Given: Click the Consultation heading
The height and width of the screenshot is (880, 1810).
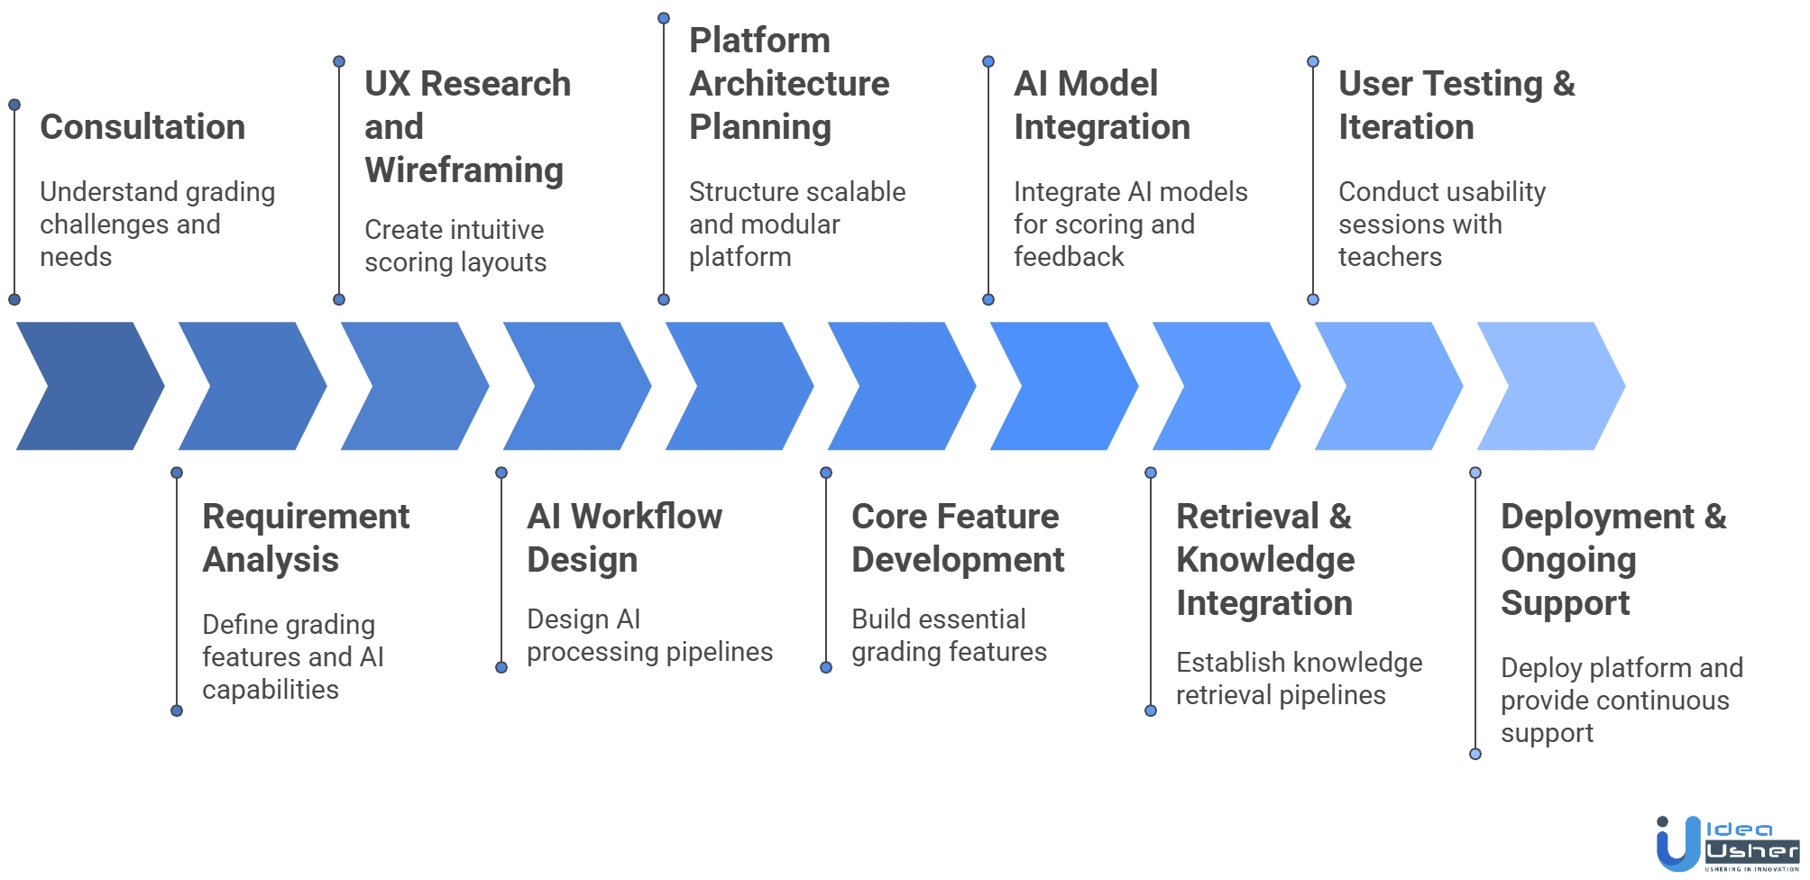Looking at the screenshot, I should click(140, 128).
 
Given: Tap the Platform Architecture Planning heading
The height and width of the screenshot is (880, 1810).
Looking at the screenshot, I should click(788, 85).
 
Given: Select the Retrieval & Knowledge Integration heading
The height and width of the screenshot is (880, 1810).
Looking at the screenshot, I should click(1265, 560).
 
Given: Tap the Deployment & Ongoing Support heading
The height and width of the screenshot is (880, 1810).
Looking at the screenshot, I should click(1614, 560).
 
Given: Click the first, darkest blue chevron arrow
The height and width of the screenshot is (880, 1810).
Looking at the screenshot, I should click(88, 386).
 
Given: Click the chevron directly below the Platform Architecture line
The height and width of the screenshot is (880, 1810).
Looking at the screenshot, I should click(738, 386).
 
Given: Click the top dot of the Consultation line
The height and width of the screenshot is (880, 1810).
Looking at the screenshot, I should click(14, 105).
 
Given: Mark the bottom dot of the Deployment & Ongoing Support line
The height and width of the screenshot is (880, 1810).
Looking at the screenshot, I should click(1475, 753).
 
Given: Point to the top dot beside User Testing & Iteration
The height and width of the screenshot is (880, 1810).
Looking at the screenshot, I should click(1313, 61).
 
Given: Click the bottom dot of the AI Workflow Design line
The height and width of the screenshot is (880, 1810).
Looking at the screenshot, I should click(501, 667).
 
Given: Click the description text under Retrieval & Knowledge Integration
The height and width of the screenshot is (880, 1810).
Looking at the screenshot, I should click(1300, 680).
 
